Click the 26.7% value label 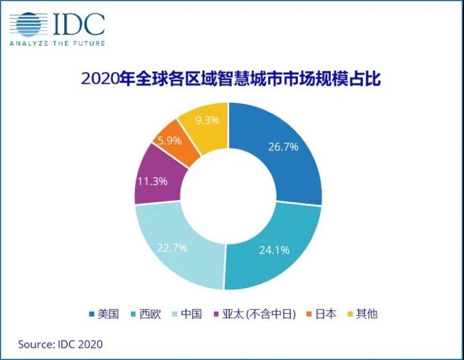(x=283, y=147)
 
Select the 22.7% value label (x=172, y=249)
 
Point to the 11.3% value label (x=152, y=181)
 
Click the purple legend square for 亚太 (x=216, y=314)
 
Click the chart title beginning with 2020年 (x=232, y=79)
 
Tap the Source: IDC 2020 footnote (x=60, y=344)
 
